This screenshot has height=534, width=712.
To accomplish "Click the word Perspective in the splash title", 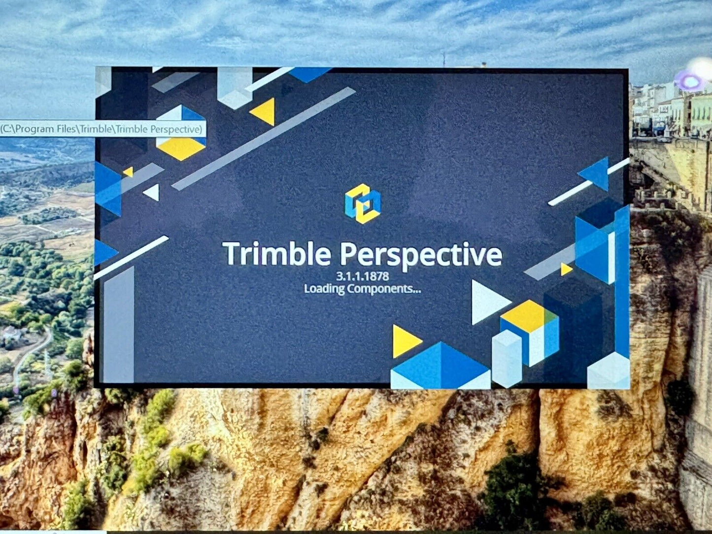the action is coord(421,256).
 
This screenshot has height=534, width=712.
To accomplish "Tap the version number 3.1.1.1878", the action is coord(362,276).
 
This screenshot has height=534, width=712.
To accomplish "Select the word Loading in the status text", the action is coord(324,289).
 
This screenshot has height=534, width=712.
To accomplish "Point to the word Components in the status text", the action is coord(384,289).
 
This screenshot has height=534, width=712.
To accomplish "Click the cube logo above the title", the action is coord(363,203).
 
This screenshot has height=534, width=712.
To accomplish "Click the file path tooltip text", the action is coord(101,130).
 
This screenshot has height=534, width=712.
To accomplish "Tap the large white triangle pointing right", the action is coord(489,302).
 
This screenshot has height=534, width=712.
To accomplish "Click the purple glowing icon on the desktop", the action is coord(690,82).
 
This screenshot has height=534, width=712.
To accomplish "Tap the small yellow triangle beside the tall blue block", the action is coord(566,269).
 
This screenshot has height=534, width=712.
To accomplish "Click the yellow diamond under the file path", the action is coord(181,148).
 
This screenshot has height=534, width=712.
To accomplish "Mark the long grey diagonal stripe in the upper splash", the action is coord(264,138).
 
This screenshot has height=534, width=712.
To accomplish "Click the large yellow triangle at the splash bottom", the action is coord(406,341).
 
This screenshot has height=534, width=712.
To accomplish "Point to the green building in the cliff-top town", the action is coord(701,113).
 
